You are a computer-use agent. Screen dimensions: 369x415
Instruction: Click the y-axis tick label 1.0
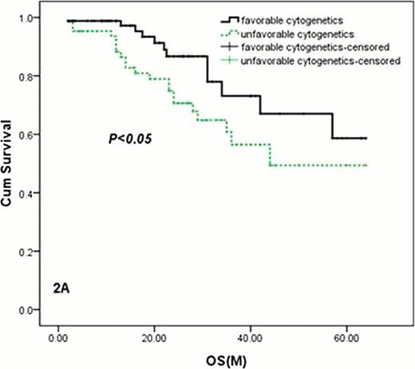pyautogui.click(x=31, y=18)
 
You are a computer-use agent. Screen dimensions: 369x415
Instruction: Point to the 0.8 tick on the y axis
pyautogui.click(x=31, y=76)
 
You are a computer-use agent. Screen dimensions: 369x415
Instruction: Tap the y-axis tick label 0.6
pyautogui.click(x=31, y=135)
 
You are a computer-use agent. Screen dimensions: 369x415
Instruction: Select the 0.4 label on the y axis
pyautogui.click(x=31, y=193)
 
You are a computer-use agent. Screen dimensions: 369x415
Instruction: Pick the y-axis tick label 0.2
pyautogui.click(x=31, y=252)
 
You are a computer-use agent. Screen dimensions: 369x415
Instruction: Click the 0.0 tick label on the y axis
pyautogui.click(x=31, y=310)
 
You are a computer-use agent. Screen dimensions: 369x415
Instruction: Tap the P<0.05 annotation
pyautogui.click(x=129, y=139)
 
